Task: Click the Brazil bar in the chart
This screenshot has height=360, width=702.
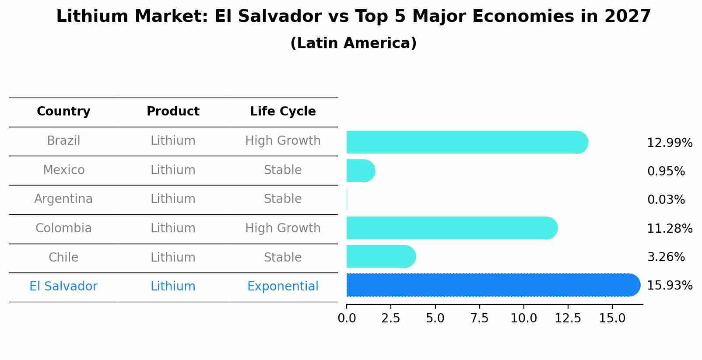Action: (467, 142)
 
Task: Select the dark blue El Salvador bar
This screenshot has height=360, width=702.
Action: (493, 285)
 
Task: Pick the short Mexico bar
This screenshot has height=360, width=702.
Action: (360, 171)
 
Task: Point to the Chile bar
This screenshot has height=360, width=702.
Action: (380, 256)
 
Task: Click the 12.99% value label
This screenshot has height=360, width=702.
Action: (669, 143)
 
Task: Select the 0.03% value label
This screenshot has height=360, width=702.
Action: (666, 200)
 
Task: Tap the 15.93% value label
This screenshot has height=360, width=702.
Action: (669, 286)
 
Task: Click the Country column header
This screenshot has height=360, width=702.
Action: (63, 112)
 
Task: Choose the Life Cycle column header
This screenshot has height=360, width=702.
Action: (283, 112)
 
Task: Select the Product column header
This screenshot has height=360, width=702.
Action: (173, 112)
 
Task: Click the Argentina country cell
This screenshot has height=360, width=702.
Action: (63, 199)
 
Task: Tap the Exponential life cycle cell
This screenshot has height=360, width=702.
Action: (283, 287)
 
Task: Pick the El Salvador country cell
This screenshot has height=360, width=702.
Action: (63, 287)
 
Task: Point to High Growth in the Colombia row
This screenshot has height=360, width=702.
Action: (283, 228)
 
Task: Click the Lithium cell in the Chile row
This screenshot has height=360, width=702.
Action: (173, 257)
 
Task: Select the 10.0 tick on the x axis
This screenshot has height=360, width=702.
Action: (523, 318)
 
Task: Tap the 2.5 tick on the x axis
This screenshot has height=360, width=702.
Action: (391, 318)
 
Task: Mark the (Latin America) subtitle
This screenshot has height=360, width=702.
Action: (353, 43)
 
